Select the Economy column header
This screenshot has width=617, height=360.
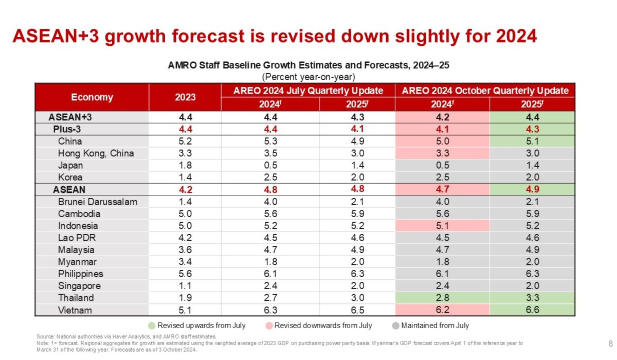(92, 97)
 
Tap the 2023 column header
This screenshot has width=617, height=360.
(185, 97)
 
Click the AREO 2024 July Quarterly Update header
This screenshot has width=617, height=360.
(308, 91)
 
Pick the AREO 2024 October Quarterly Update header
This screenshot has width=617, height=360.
(485, 91)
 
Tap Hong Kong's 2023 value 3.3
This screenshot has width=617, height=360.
(185, 153)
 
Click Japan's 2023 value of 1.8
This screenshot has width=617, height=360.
(185, 166)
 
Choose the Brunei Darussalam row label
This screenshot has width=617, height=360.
(98, 202)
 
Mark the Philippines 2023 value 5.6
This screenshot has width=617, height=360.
(185, 274)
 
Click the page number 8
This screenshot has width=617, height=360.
(610, 343)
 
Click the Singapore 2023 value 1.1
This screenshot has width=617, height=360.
(185, 286)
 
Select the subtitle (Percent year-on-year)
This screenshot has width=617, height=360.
(308, 77)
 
